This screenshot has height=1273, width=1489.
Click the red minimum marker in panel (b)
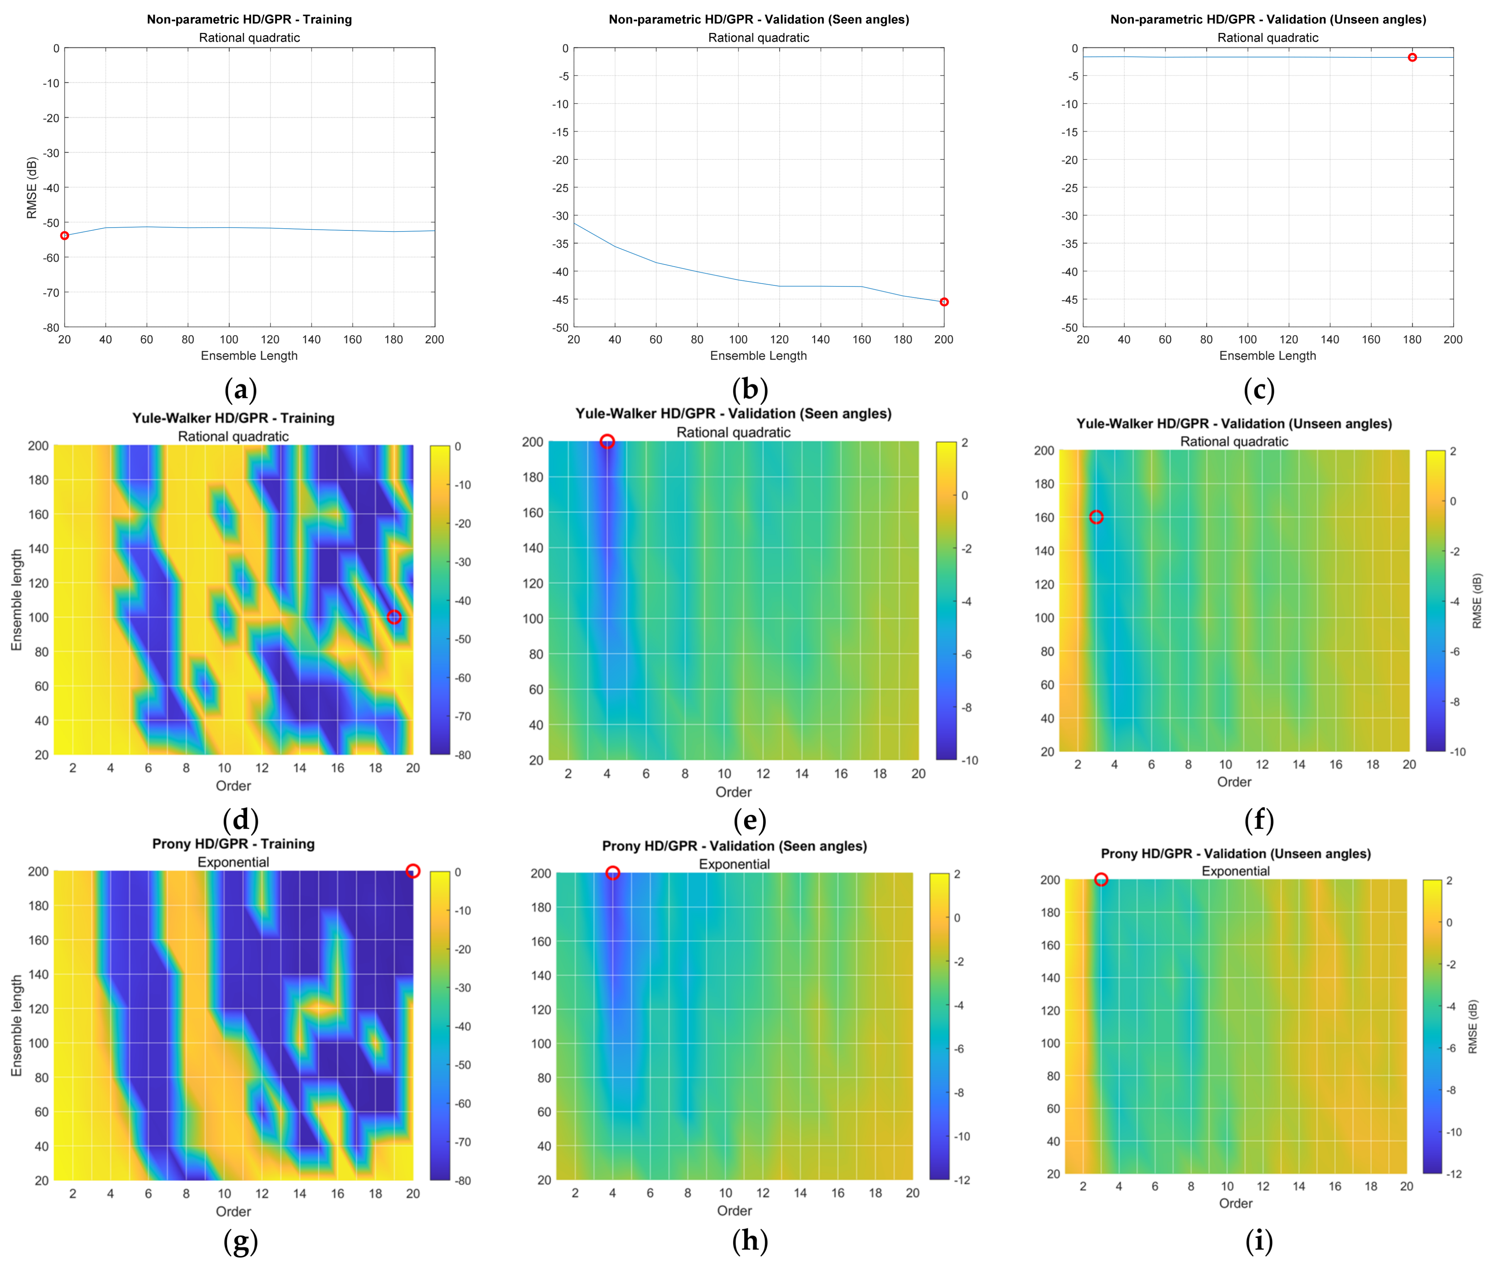point(944,302)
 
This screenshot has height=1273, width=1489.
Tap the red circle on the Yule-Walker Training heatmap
point(394,617)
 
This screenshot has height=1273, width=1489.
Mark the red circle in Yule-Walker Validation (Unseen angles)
point(1096,517)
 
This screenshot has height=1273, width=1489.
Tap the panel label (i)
point(1259,1242)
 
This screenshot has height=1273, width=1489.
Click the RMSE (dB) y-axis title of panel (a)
point(31,188)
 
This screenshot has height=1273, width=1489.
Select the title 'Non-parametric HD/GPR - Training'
point(249,20)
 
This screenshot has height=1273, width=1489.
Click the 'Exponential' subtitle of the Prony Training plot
point(234,862)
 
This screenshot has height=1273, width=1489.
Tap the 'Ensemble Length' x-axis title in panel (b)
point(758,356)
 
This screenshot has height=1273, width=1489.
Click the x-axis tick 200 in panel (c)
point(1453,339)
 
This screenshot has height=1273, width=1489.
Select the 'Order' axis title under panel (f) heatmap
point(1234,782)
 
